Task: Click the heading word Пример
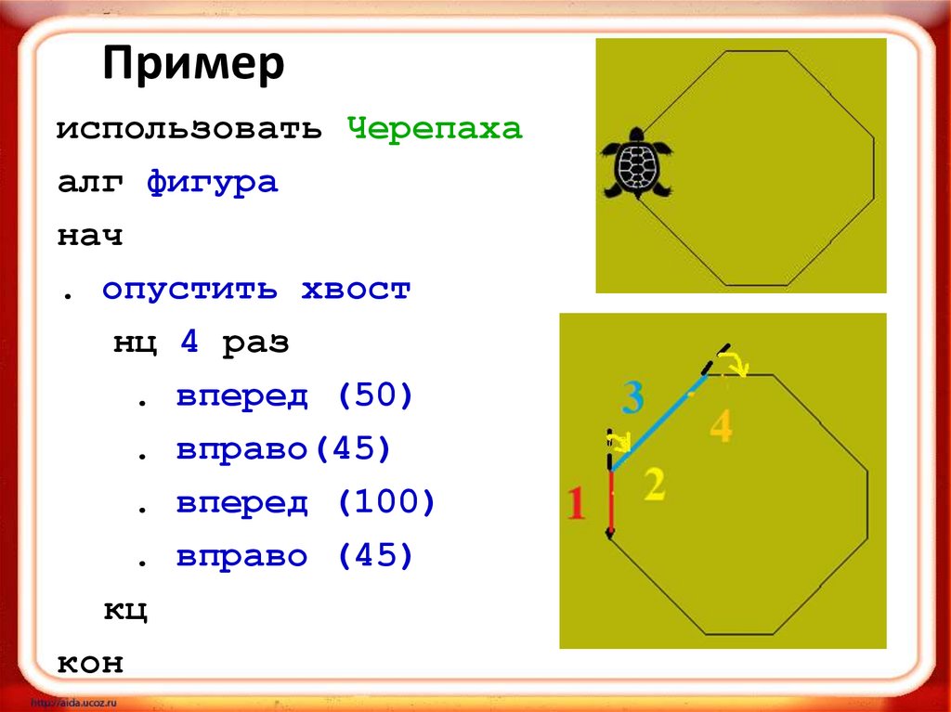[x=193, y=68]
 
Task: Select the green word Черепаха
[x=436, y=129]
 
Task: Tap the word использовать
[x=189, y=129]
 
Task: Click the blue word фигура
[x=212, y=183]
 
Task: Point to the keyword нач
[x=90, y=236]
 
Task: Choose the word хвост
[x=355, y=290]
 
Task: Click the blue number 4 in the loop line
[x=189, y=343]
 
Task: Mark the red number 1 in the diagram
[x=577, y=504]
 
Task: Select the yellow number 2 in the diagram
[x=654, y=485]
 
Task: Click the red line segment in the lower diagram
[x=610, y=501]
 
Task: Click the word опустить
[x=189, y=290]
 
